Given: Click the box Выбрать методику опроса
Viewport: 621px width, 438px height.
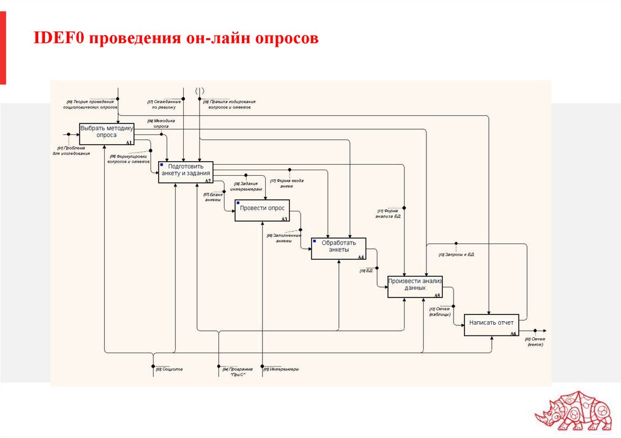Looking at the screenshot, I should pos(106,133).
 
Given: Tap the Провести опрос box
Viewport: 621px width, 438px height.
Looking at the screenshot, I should pos(262,210).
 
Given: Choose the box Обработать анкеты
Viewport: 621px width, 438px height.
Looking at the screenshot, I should pos(339,248).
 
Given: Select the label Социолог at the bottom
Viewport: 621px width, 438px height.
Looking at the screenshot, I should pos(170,369).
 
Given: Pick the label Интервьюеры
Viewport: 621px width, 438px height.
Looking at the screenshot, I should pos(283,369).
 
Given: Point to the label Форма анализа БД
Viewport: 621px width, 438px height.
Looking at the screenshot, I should pos(388,213).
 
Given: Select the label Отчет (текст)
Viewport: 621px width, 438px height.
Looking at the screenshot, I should pos(534,341).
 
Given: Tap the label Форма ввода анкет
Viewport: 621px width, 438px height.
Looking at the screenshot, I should pos(287,184).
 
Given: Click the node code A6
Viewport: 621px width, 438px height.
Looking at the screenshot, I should pos(512,334).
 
